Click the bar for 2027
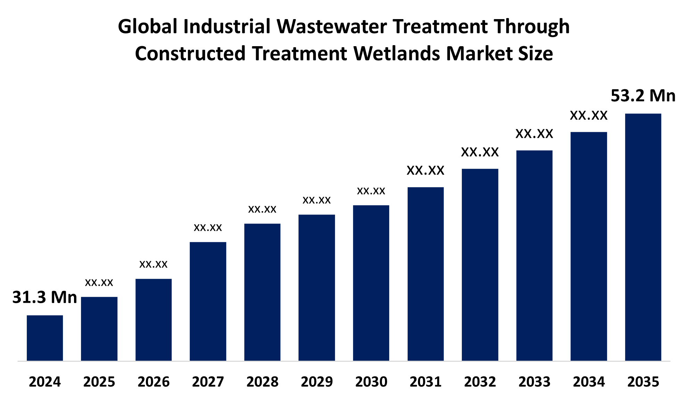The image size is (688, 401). [x=208, y=301]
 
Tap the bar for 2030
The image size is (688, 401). [x=371, y=283]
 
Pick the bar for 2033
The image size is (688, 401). [x=534, y=256]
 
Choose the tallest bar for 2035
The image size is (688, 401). [x=643, y=237]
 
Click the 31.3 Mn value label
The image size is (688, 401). [x=44, y=298]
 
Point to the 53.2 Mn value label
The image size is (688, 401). [x=643, y=96]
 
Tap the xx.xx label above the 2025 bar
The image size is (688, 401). [x=99, y=283]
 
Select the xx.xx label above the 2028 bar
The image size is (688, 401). [x=262, y=209]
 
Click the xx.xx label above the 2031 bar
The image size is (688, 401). [x=425, y=170]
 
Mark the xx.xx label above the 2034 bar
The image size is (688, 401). [x=589, y=116]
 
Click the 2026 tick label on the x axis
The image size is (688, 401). [x=154, y=382]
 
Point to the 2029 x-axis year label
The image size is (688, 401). [x=317, y=382]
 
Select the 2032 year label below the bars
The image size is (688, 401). [x=480, y=382]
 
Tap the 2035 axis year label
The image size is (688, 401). [x=643, y=382]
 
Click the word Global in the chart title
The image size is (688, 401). [x=148, y=27]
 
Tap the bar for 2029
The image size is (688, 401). [x=317, y=287]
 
